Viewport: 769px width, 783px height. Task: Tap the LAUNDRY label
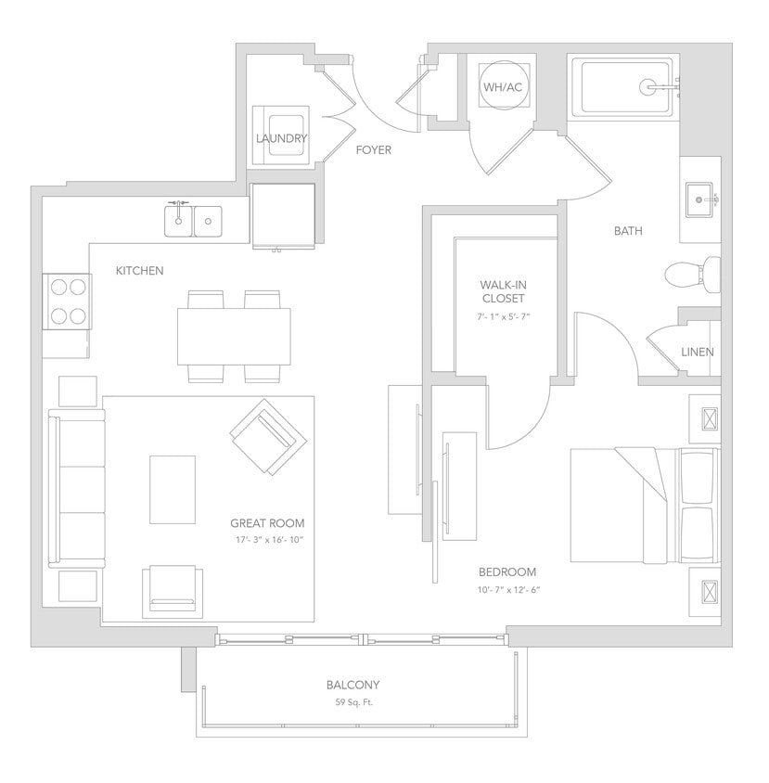coord(281,139)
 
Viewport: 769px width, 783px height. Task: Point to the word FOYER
coord(374,150)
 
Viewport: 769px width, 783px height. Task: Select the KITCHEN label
coord(139,271)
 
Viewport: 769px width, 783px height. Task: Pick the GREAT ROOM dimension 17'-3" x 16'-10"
coord(267,540)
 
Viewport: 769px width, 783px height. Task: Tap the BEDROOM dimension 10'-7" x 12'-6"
coord(506,589)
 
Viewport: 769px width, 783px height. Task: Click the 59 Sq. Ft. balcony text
coord(352,702)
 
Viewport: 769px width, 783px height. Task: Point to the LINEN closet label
coord(697,353)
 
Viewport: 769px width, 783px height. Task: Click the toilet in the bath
coord(691,274)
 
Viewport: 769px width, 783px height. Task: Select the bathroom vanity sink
coord(700,199)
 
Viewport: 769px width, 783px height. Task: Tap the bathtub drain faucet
coord(653,87)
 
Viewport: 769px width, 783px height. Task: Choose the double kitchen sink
coord(194,221)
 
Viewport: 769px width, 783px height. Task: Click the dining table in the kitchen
coord(234,336)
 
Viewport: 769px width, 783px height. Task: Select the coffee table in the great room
coord(173,489)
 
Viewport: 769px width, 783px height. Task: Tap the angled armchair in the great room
coord(268,437)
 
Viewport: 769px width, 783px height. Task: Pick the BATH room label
coord(628,231)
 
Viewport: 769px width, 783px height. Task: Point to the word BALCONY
coord(352,686)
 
